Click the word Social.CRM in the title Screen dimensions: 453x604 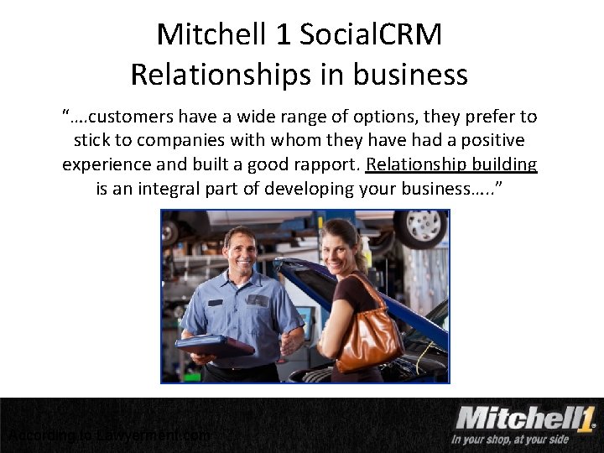coord(371,34)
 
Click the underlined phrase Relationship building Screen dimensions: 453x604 coord(452,164)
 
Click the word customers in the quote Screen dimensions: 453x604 coord(140,116)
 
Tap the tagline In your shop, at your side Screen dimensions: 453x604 coord(509,440)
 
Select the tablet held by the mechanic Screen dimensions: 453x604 coord(215,345)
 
